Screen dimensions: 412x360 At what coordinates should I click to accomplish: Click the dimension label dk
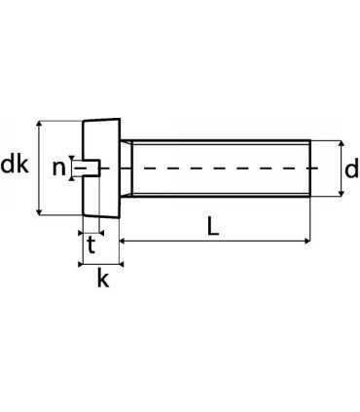coord(15,166)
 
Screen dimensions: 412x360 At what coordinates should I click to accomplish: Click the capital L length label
coord(212,225)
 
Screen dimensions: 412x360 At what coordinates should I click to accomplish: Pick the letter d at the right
coord(351,170)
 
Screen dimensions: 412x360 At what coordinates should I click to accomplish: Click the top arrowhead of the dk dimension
coord(39,125)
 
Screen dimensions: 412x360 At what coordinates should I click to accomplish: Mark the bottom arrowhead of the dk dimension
coord(39,212)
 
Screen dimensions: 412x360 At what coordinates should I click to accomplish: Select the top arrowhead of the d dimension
coord(341,142)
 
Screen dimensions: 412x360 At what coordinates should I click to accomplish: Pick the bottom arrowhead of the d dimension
coord(341,196)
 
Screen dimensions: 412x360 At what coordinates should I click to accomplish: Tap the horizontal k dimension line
coord(100,262)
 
